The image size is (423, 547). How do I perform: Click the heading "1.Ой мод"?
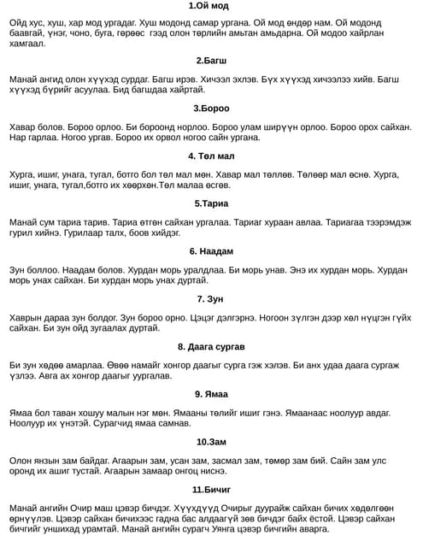pos(210,6)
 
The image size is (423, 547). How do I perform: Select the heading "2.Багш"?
pos(210,61)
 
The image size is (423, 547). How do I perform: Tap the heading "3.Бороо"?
pos(210,109)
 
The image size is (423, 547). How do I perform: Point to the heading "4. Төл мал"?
pos(210,156)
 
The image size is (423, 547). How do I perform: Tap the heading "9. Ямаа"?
pos(210,394)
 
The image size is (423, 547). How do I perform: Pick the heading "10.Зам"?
pos(210,442)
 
